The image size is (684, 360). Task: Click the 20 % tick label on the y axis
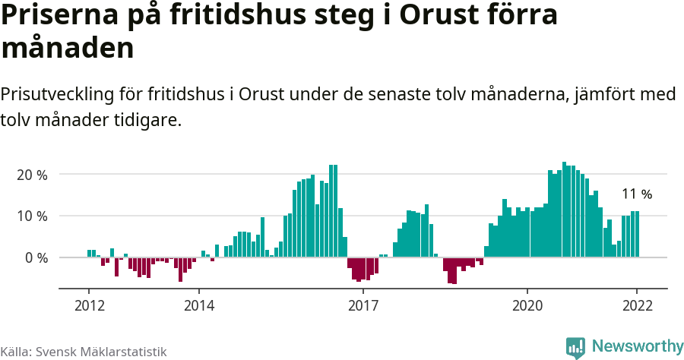click(32, 175)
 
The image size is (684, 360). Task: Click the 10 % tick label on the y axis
click(32, 216)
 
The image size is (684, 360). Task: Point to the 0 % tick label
click(36, 257)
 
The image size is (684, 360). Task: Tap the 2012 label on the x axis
click(89, 305)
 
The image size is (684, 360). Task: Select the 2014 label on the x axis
click(198, 305)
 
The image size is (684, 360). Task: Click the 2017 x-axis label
click(363, 305)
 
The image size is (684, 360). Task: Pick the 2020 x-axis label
click(527, 305)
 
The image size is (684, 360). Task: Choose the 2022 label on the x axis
click(637, 305)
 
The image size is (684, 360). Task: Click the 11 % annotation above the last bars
click(637, 194)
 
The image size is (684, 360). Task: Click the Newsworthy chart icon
click(575, 347)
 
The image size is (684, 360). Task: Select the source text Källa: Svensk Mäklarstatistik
click(84, 352)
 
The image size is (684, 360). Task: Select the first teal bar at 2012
click(89, 254)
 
